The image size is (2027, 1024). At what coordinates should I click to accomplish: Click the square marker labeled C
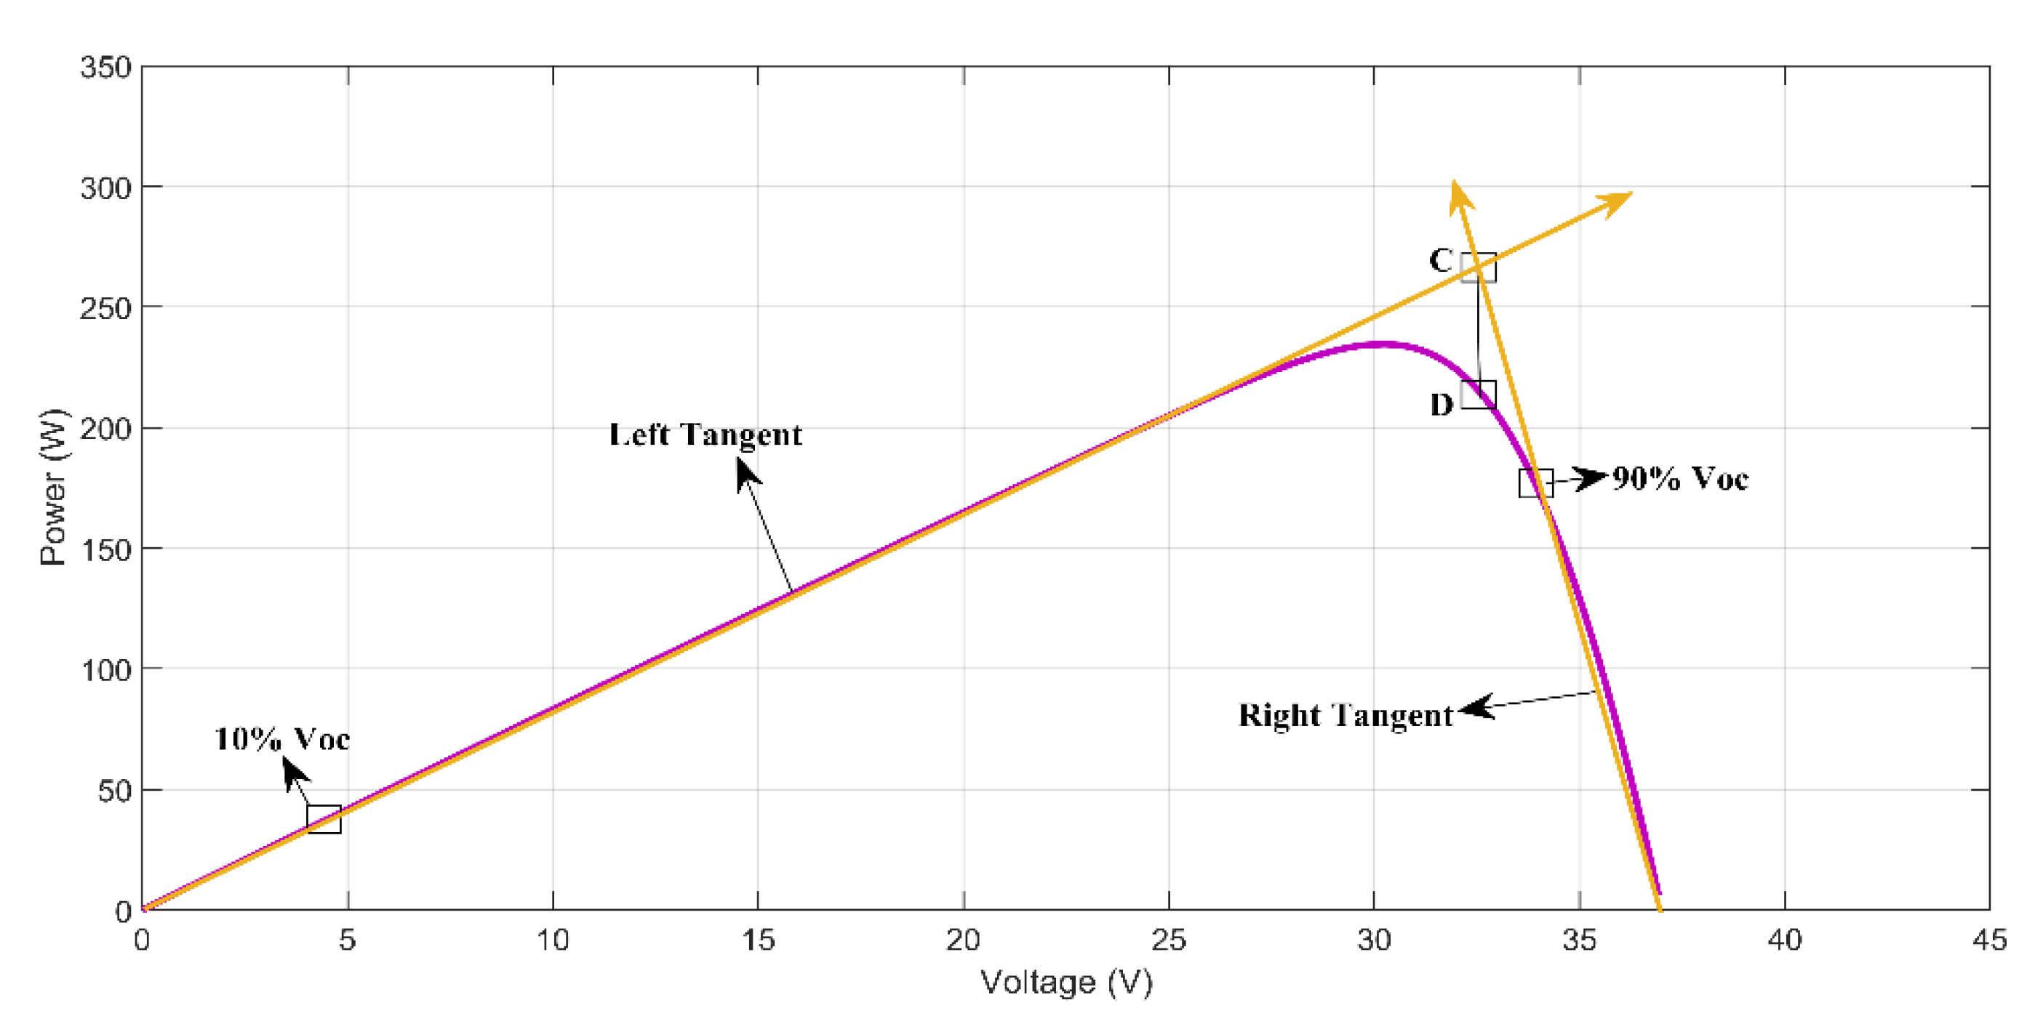[x=1478, y=267]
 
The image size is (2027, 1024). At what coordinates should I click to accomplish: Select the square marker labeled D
[x=1478, y=394]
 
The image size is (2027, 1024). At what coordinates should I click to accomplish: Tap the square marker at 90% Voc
[x=1535, y=483]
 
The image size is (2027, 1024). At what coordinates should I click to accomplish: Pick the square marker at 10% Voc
[x=324, y=819]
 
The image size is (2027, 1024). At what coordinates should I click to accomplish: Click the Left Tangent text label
[x=705, y=435]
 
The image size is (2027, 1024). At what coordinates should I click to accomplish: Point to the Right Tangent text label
[x=1345, y=716]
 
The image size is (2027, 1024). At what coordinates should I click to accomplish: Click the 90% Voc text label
[x=1680, y=478]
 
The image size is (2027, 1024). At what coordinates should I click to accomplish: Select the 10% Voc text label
[x=281, y=739]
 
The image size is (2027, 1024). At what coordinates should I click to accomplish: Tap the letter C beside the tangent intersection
[x=1441, y=260]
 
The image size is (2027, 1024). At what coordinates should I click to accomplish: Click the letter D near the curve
[x=1441, y=404]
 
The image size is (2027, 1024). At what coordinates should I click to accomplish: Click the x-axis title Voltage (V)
[x=1066, y=983]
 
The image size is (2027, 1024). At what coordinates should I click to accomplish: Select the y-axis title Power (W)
[x=54, y=487]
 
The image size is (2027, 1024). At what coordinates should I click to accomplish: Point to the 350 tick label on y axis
[x=105, y=68]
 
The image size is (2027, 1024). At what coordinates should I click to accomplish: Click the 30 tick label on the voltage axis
[x=1374, y=940]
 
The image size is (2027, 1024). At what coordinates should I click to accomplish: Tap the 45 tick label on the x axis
[x=1989, y=940]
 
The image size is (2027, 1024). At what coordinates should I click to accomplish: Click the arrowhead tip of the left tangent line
[x=1632, y=193]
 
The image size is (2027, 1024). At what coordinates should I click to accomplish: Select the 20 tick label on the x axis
[x=963, y=940]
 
